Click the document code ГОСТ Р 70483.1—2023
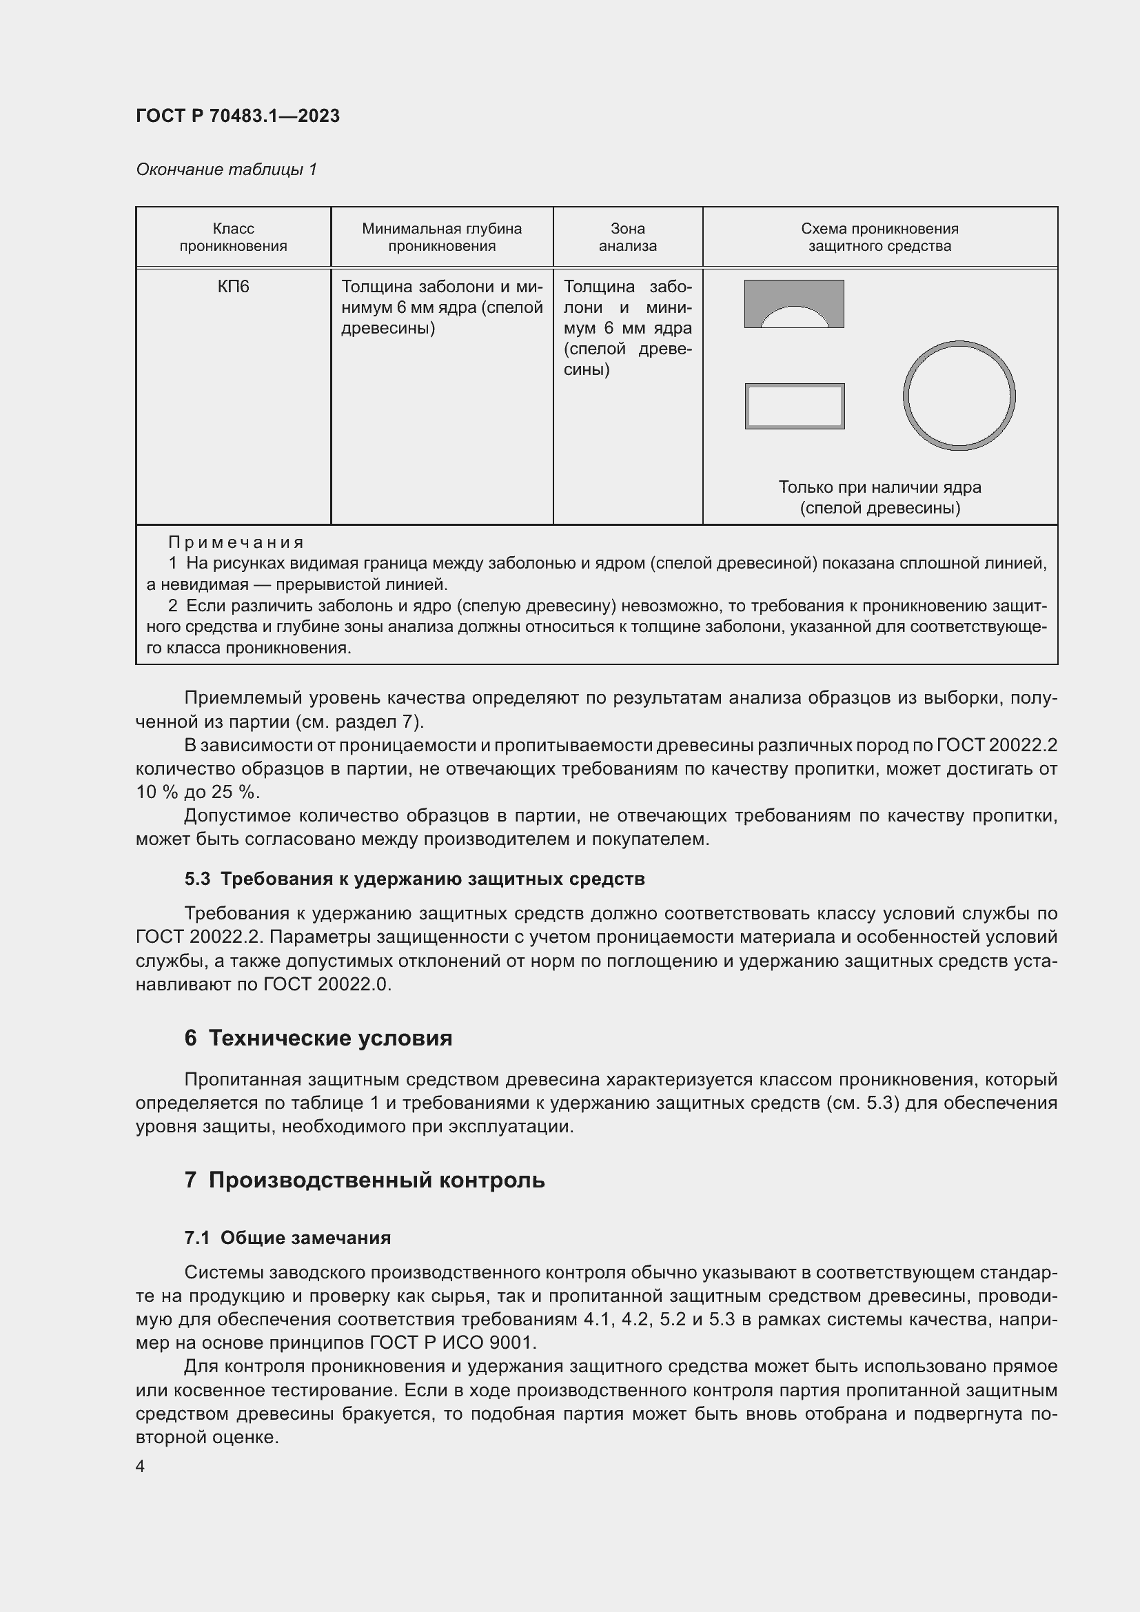(237, 116)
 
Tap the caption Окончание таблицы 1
(226, 170)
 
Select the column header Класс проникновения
(233, 237)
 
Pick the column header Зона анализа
(628, 237)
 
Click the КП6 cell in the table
(233, 287)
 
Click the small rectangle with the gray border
(795, 407)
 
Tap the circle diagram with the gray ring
(958, 396)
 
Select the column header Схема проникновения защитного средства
(879, 237)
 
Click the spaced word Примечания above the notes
(236, 542)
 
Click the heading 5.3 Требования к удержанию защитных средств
(414, 879)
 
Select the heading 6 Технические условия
(318, 1039)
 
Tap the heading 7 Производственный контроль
(365, 1180)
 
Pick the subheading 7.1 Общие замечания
(287, 1238)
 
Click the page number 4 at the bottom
(141, 1467)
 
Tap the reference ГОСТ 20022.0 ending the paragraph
(326, 984)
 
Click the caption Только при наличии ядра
(879, 487)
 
